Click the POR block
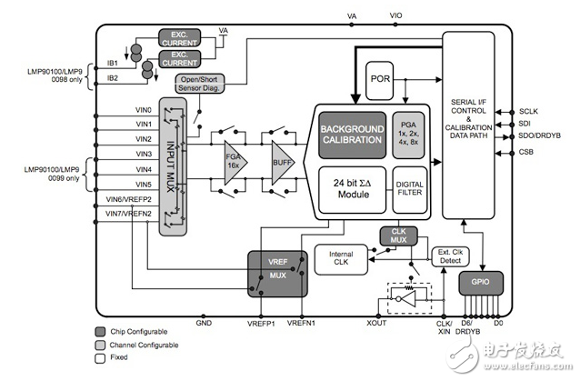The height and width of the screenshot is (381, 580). [x=380, y=78]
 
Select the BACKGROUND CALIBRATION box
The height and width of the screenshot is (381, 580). [x=352, y=135]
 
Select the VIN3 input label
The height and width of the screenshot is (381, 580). [x=144, y=155]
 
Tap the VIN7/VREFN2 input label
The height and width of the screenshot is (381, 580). [x=126, y=213]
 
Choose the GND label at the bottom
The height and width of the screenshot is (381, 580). [x=204, y=323]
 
